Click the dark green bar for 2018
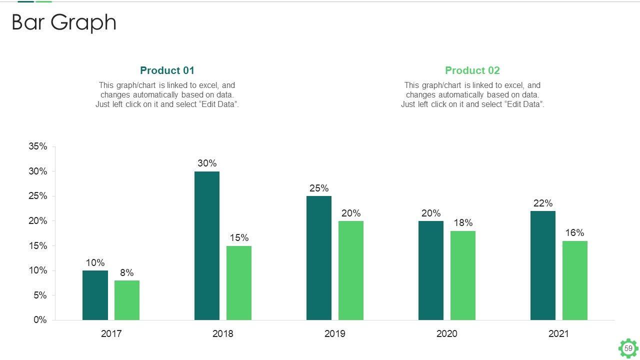click(x=206, y=245)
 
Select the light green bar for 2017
click(x=127, y=300)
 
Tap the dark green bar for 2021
click(x=542, y=265)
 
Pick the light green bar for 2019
click(x=351, y=270)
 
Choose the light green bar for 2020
click(x=463, y=275)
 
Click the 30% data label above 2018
click(x=207, y=163)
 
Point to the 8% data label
click(x=127, y=273)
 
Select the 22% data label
click(x=543, y=203)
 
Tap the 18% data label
click(x=463, y=223)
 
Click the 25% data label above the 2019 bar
click(x=319, y=188)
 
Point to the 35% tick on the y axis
click(x=38, y=146)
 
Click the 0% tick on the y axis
click(x=40, y=320)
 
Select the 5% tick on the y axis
click(x=40, y=295)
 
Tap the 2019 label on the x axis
click(x=334, y=334)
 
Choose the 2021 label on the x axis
click(x=558, y=334)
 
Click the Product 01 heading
click(x=167, y=70)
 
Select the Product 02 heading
click(x=472, y=70)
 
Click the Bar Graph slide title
click(x=64, y=22)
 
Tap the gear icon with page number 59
click(x=628, y=348)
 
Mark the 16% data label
click(x=575, y=233)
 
